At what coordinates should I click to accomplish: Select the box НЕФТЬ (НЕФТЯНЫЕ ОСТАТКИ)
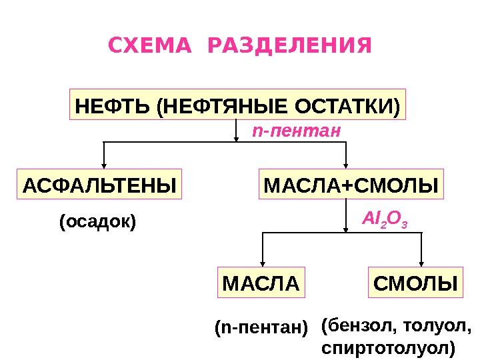(238, 105)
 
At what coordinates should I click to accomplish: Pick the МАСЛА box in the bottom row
(261, 283)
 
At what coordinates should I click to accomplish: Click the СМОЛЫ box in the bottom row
(416, 283)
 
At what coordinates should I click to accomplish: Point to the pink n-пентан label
(297, 131)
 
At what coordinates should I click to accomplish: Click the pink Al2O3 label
(384, 217)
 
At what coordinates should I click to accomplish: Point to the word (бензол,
(353, 327)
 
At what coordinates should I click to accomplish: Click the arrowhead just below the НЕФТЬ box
(237, 137)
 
